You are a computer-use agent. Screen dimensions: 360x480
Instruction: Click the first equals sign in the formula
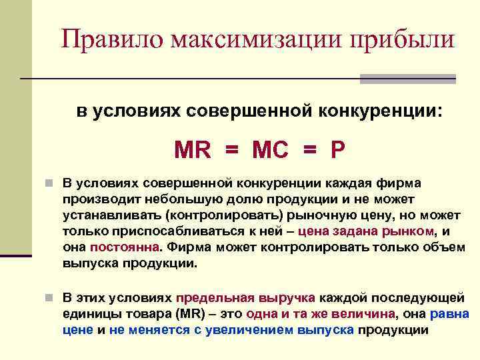[232, 149]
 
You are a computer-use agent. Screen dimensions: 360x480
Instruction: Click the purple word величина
[361, 314]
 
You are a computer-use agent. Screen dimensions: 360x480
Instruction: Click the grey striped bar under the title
[407, 79]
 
